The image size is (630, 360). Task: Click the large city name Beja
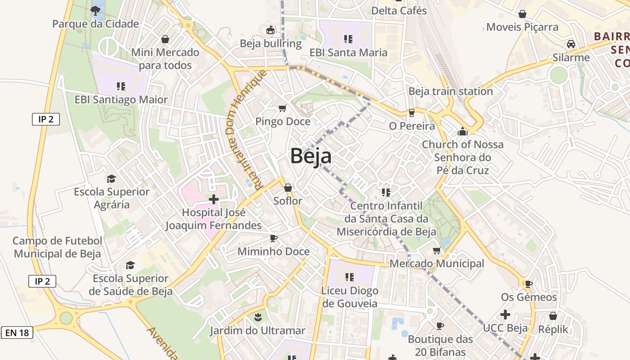[311, 156]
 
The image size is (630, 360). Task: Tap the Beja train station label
[450, 91]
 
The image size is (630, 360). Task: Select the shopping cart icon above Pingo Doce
[282, 108]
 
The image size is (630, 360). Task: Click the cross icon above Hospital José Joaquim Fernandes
[214, 199]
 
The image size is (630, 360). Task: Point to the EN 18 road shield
[17, 333]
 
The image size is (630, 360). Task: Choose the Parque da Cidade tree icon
[95, 10]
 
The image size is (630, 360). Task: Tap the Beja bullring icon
[270, 30]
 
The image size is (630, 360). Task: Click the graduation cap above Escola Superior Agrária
[111, 179]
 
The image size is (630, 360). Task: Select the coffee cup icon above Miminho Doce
[273, 238]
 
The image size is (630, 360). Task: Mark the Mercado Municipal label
[436, 263]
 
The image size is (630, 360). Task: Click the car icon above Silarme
[571, 44]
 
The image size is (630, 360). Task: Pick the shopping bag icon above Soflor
[288, 187]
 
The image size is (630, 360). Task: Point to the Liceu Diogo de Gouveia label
[350, 297]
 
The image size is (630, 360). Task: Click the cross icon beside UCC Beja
[505, 315]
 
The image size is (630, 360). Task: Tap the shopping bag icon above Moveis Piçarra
[522, 14]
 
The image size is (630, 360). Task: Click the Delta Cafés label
[399, 10]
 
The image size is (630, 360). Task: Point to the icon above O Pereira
[411, 112]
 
